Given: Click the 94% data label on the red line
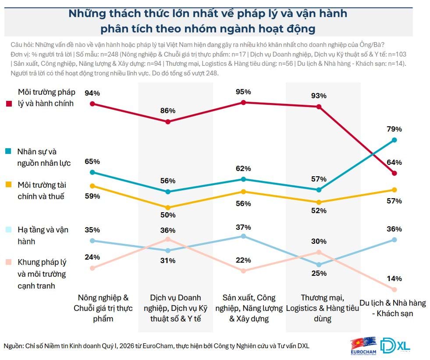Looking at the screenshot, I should pyautogui.click(x=93, y=93).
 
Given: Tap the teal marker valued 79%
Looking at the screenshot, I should pyautogui.click(x=394, y=140).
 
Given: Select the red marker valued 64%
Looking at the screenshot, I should pyautogui.click(x=394, y=173).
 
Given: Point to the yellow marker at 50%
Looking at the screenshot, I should pyautogui.click(x=167, y=207).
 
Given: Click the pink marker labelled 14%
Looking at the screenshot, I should pyautogui.click(x=394, y=289).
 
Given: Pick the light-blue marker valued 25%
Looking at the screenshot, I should pyautogui.click(x=319, y=264).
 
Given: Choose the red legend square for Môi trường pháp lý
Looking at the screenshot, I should pyautogui.click(x=9, y=104).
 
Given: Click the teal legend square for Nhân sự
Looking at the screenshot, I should pyautogui.click(x=9, y=151).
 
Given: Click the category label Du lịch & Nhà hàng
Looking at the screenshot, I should pyautogui.click(x=392, y=308).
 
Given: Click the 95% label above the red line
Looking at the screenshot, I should pyautogui.click(x=243, y=92).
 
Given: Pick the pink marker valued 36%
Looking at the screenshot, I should pyautogui.click(x=167, y=239).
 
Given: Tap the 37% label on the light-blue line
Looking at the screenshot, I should pyautogui.click(x=243, y=227).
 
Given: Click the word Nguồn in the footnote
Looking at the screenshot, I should pyautogui.click(x=13, y=346).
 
